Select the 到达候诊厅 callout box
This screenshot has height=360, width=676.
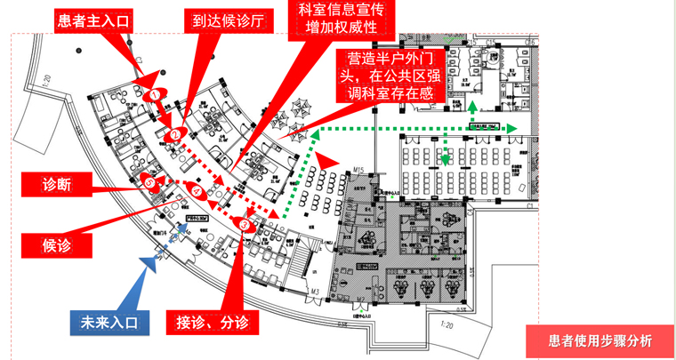click(223, 20)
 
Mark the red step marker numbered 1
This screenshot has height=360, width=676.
click(156, 93)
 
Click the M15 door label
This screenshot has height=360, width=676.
click(359, 169)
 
